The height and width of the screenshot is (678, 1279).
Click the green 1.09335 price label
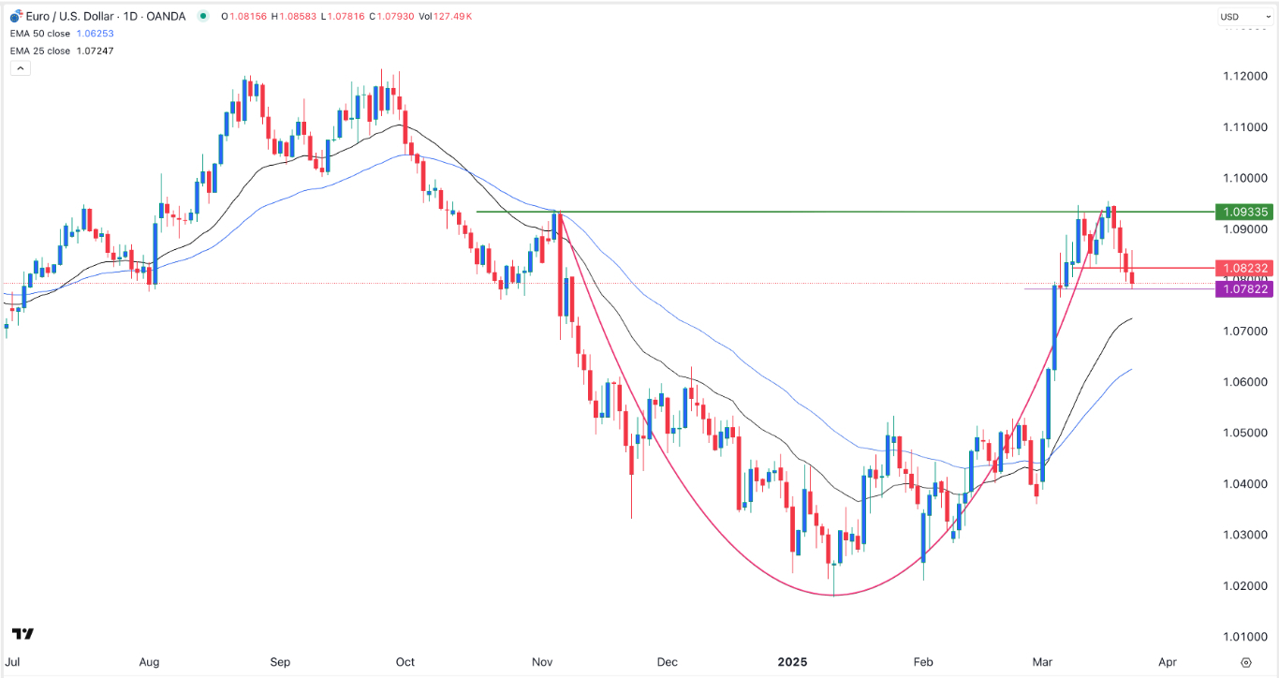point(1242,212)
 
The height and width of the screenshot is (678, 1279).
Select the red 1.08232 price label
point(1242,268)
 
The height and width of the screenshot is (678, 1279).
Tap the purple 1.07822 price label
point(1242,289)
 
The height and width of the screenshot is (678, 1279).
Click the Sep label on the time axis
point(281,661)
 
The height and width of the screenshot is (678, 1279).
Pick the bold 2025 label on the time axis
point(791,661)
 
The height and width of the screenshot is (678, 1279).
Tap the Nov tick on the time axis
point(540,661)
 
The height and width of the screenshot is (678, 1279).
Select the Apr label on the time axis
point(1167,661)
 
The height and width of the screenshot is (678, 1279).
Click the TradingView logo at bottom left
point(23,634)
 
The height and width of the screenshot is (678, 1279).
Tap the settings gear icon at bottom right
point(1244,661)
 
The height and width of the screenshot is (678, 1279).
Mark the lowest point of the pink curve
point(833,595)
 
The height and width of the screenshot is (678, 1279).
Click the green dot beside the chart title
point(203,17)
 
